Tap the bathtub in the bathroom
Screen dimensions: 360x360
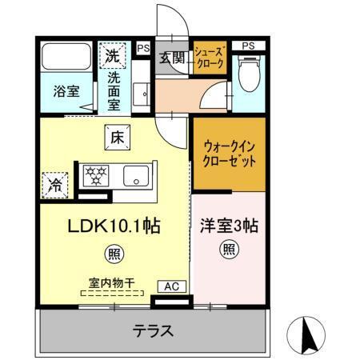(66, 58)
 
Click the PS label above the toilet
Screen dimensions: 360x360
(249, 45)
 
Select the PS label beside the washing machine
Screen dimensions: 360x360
(142, 49)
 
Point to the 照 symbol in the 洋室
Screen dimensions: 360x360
(229, 250)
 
